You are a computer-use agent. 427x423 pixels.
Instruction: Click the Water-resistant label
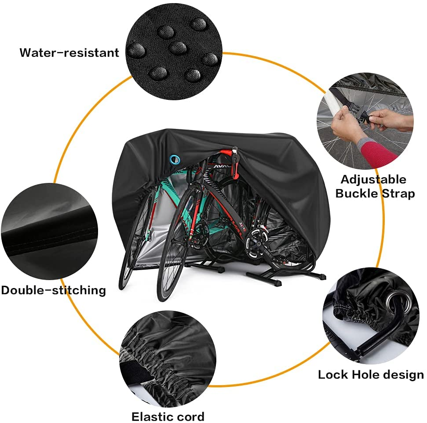click(69, 53)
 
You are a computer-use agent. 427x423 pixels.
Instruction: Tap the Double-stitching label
click(53, 290)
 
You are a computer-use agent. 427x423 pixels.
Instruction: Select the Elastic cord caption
click(168, 416)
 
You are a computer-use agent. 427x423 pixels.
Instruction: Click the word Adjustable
click(373, 179)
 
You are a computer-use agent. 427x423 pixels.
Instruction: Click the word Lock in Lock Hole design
click(333, 375)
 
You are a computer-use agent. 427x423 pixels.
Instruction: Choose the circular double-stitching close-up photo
click(49, 233)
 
